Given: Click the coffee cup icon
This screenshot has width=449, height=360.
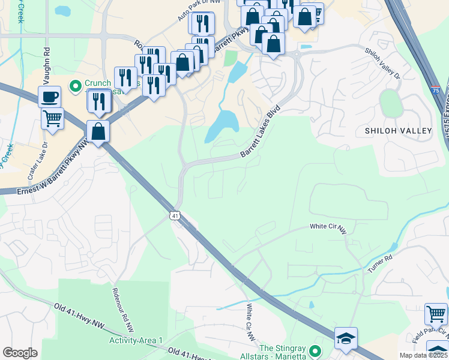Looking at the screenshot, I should pos(49,96).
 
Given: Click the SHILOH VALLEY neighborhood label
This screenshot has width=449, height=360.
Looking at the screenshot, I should pos(398,130).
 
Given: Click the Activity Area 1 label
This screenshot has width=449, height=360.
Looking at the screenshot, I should pos(136,340).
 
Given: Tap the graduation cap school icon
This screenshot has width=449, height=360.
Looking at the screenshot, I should pos(346,338).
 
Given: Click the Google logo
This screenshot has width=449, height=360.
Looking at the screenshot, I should pos(20,353).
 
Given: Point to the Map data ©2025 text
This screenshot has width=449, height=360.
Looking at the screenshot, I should pos(423,355).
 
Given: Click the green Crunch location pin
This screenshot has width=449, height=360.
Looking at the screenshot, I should pos(76,86).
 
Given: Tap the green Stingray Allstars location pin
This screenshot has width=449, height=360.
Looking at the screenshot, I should pos(319,349).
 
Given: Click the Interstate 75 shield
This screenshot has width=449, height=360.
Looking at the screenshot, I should pos(435,90).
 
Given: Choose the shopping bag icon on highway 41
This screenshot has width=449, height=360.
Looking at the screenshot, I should pos(97,131).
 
